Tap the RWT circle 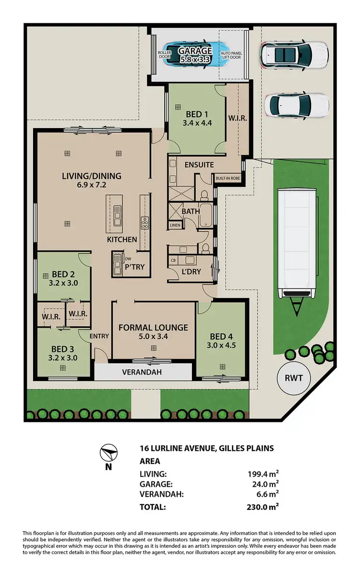coord(293,378)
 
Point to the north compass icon coord(109,454)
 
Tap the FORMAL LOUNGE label coord(153,328)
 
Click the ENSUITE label coord(199,165)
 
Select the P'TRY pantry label coord(134,267)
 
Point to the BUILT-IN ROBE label coord(228,178)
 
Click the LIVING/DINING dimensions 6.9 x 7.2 coord(91,185)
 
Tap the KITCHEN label coord(121,239)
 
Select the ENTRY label coord(99,337)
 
